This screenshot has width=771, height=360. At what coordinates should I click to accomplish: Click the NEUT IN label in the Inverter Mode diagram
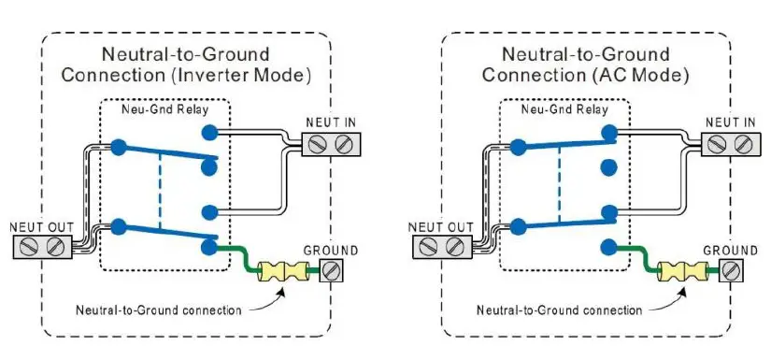point(330,122)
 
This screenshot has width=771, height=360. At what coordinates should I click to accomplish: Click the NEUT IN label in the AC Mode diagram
point(729,122)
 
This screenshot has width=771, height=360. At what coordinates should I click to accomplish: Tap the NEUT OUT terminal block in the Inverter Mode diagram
point(44,247)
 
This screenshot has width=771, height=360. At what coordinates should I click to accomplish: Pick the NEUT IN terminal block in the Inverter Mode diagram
point(330,143)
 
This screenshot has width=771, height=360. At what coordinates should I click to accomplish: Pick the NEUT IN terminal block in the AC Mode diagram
point(729,143)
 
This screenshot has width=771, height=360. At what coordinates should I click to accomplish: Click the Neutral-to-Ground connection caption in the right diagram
point(559,310)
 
